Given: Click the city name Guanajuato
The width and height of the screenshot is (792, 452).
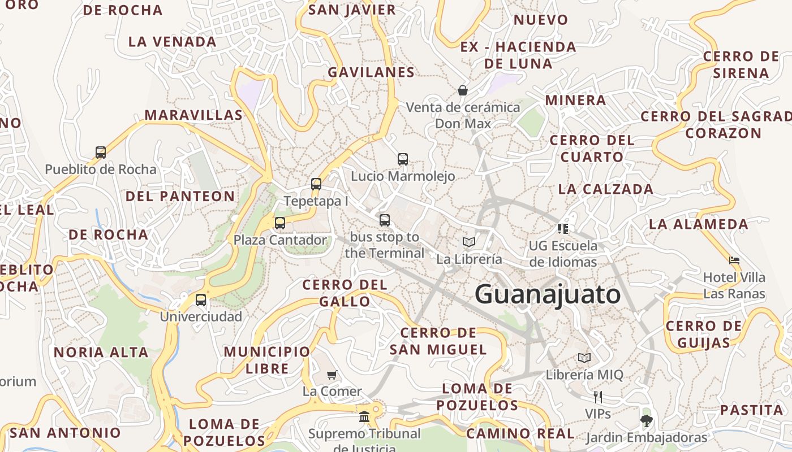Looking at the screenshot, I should pyautogui.click(x=547, y=295).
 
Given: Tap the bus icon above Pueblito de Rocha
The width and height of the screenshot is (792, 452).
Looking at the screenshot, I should pyautogui.click(x=101, y=152).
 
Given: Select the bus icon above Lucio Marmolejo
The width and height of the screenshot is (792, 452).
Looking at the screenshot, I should pyautogui.click(x=403, y=159).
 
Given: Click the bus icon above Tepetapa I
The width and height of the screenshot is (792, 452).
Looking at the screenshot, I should pyautogui.click(x=316, y=184).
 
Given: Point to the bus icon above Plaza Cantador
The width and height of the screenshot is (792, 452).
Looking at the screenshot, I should pyautogui.click(x=280, y=223).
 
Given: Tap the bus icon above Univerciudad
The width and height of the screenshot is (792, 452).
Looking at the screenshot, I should pyautogui.click(x=201, y=299).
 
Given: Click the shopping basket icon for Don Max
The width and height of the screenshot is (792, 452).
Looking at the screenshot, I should pyautogui.click(x=463, y=90).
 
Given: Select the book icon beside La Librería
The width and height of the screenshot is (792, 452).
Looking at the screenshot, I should pyautogui.click(x=469, y=242).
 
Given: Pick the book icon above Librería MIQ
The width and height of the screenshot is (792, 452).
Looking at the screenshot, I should pyautogui.click(x=584, y=358).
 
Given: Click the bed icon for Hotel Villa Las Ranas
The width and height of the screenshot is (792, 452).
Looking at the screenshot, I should pyautogui.click(x=734, y=260).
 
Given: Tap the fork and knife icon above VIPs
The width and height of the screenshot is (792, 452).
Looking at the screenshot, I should pyautogui.click(x=597, y=397).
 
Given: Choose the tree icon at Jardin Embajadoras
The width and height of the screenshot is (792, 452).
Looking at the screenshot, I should pyautogui.click(x=646, y=420).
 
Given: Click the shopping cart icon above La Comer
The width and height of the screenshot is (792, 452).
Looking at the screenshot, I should pyautogui.click(x=332, y=374).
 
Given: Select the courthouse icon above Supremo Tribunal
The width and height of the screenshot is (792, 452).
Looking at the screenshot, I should pyautogui.click(x=364, y=417).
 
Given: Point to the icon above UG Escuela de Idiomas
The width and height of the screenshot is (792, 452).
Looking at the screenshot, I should pyautogui.click(x=563, y=228).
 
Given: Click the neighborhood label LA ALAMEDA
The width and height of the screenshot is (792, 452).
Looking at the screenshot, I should pyautogui.click(x=698, y=224).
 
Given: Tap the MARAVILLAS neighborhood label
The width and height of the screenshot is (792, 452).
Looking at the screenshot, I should pyautogui.click(x=193, y=115).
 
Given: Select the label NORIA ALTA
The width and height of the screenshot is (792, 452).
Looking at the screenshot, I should pyautogui.click(x=101, y=353).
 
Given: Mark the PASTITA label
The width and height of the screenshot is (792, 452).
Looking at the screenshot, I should pyautogui.click(x=751, y=410).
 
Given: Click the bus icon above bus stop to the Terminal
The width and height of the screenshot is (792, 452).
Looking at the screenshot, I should pyautogui.click(x=385, y=220).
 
